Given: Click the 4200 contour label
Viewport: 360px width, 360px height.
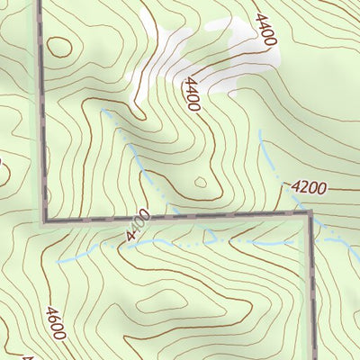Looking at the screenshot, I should tap(308, 188).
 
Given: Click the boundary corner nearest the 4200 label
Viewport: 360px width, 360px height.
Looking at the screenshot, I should tap(310, 213).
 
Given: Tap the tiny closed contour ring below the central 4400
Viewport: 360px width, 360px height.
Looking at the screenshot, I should tap(200, 183).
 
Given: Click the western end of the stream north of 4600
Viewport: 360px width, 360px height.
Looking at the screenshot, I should tap(58, 261).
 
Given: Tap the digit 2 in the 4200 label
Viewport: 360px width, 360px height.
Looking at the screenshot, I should tap(302, 188).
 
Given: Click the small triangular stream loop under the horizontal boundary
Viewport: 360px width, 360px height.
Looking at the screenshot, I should tap(212, 238).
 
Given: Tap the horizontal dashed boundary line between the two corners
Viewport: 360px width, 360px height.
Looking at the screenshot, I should tap(180, 217).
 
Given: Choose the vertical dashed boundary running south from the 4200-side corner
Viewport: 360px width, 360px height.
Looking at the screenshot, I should tap(312, 288).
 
